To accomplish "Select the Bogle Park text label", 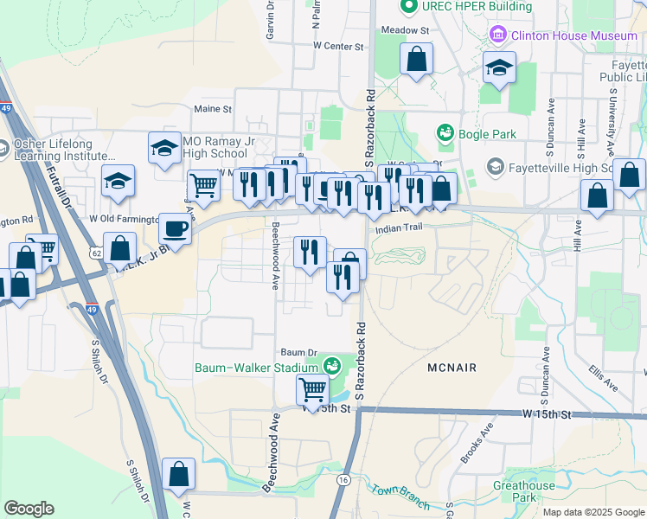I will (487, 134).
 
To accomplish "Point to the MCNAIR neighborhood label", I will (452, 368).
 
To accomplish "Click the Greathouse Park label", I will (524, 491).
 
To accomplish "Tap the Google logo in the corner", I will (29, 509).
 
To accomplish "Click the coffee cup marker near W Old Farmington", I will (175, 230).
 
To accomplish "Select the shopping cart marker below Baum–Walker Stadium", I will (312, 388).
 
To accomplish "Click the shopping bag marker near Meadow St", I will (416, 60).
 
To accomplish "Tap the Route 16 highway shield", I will (343, 479).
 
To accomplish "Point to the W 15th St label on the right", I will (547, 415).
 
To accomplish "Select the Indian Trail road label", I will (396, 229).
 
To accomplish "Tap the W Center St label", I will (336, 45).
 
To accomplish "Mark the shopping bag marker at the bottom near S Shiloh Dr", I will (178, 475).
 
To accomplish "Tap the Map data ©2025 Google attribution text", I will (593, 511).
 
